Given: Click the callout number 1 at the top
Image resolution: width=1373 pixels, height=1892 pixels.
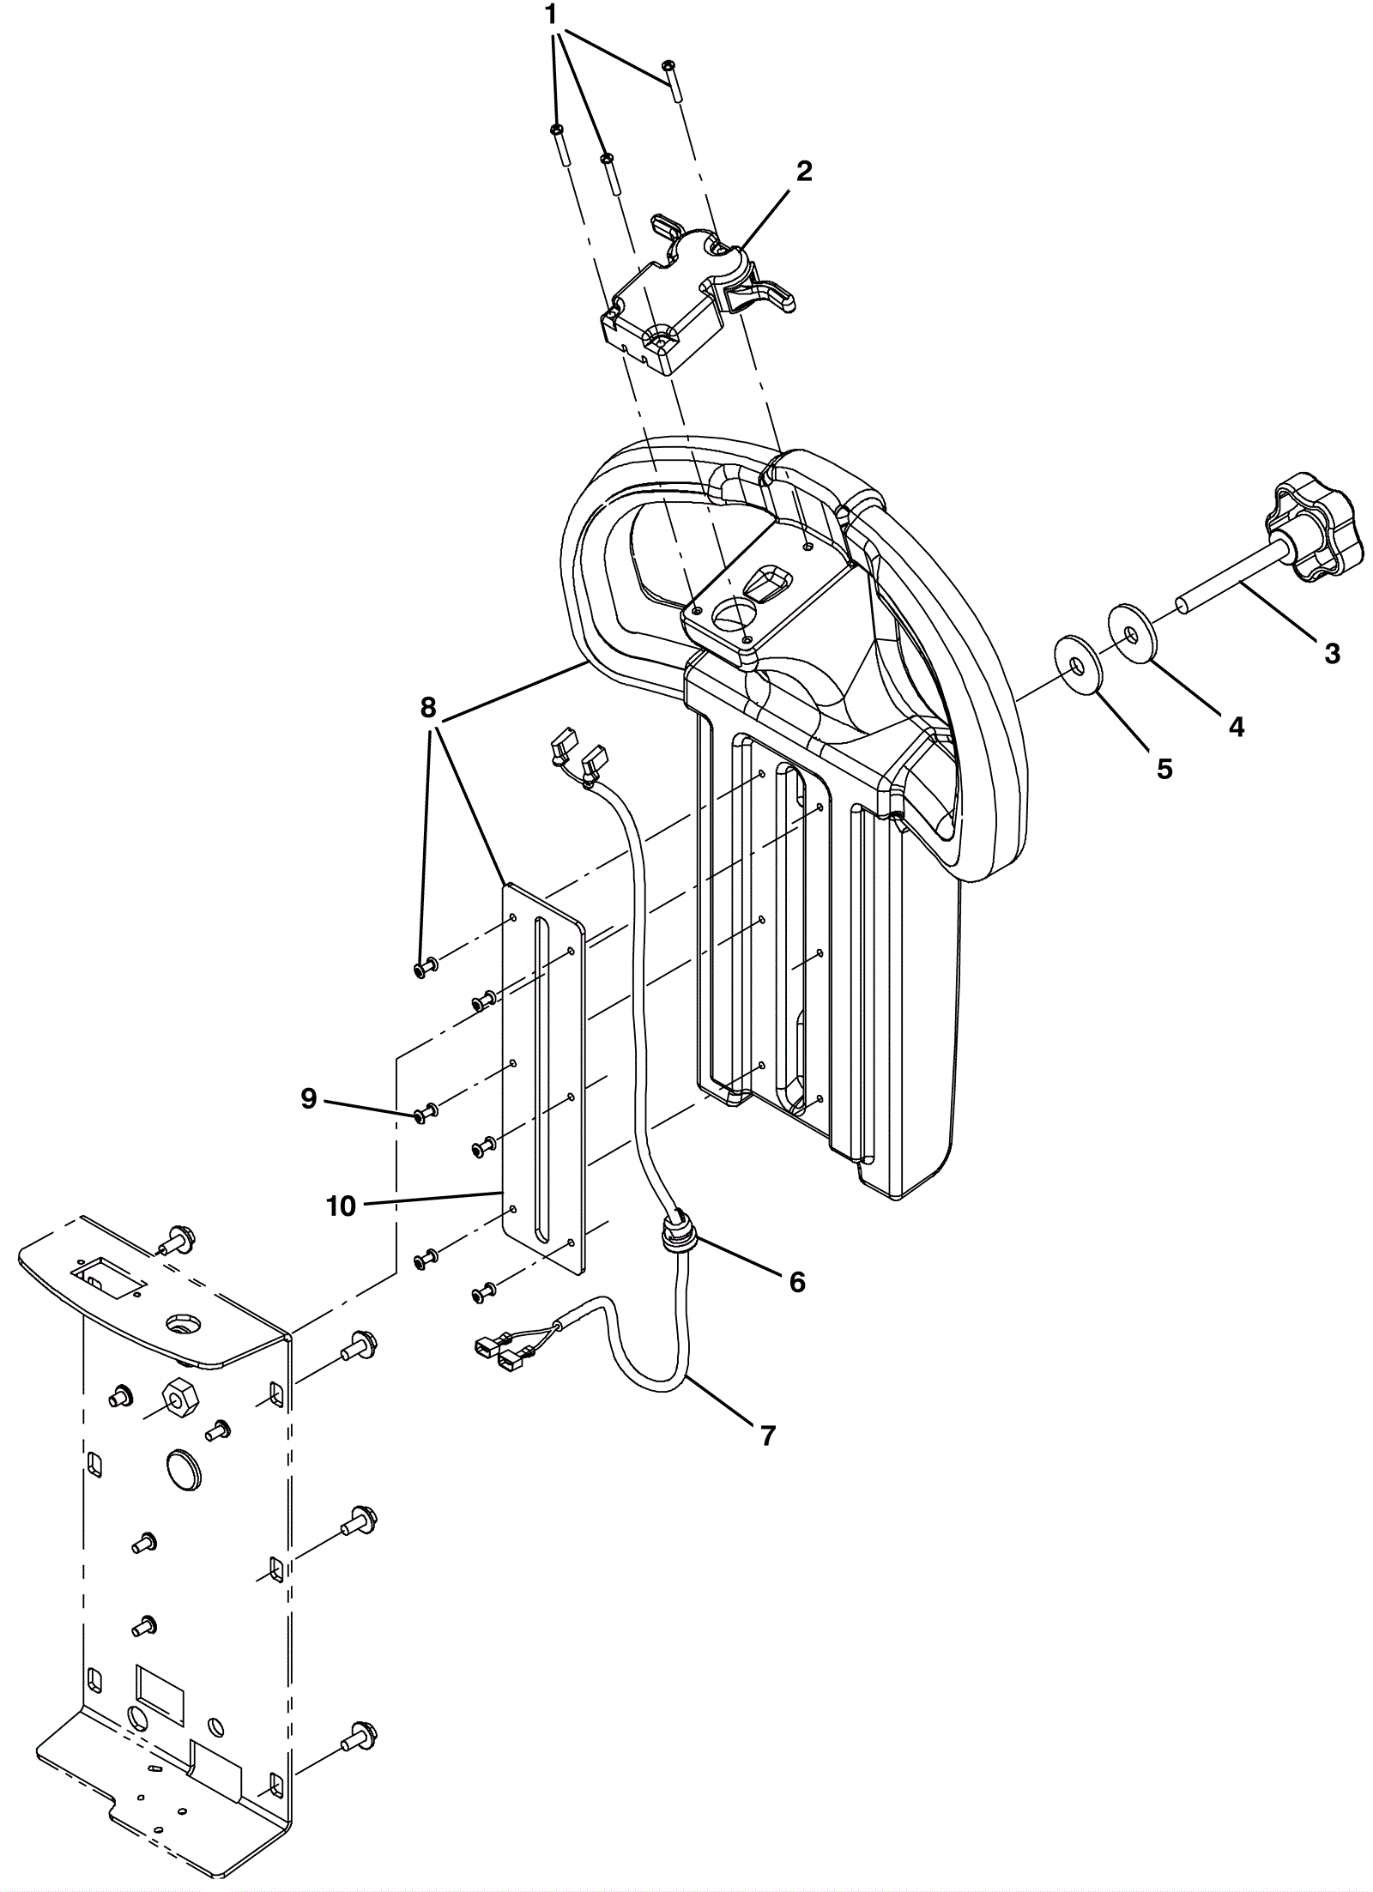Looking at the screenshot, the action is pos(551,15).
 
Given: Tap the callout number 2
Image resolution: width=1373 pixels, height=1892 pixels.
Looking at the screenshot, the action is pos(803,172).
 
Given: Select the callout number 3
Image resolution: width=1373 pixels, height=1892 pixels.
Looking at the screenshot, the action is pos(1331,654).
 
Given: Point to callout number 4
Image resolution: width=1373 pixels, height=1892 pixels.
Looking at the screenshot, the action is pos(1236,727).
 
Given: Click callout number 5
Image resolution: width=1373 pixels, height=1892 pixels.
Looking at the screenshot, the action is pos(1164,769).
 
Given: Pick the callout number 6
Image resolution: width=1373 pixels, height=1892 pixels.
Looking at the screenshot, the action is pos(797,1282).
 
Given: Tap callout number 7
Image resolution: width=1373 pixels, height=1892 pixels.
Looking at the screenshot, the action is pos(768,1435).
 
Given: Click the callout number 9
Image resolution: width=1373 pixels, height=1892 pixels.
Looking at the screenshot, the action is pos(309,1099).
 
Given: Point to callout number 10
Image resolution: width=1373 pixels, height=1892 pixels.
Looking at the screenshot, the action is pos(341,1206).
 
